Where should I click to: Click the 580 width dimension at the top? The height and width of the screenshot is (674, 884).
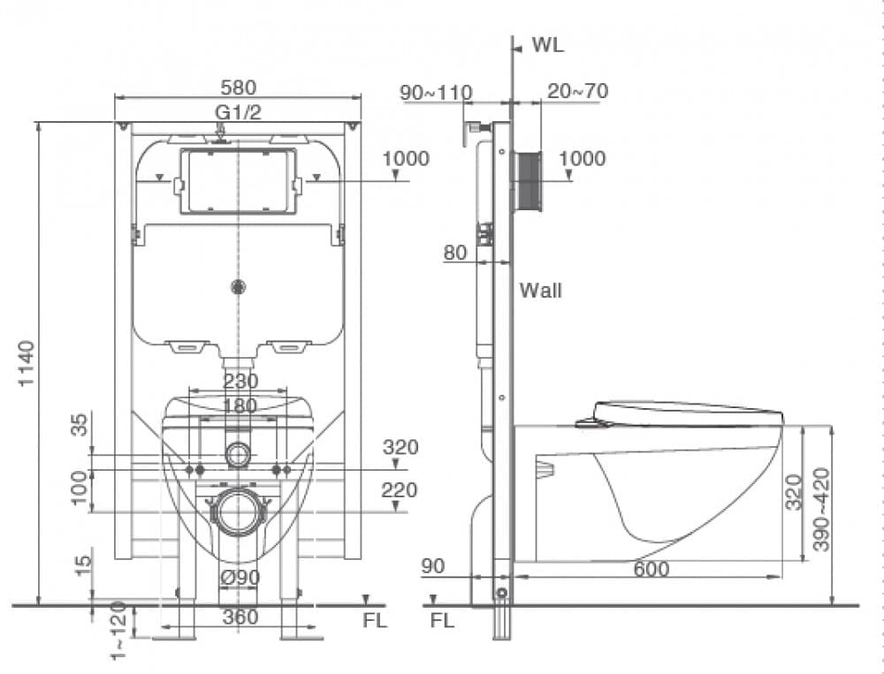click(239, 87)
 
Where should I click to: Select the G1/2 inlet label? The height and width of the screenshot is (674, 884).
click(238, 111)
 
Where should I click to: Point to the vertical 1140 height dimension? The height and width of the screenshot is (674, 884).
click(27, 362)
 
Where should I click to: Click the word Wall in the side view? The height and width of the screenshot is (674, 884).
click(540, 290)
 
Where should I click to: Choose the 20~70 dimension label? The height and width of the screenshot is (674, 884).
click(577, 91)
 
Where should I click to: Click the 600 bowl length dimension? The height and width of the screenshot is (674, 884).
click(651, 570)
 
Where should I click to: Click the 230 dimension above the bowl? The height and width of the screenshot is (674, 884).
click(240, 381)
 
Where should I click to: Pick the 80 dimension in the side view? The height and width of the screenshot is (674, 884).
click(455, 254)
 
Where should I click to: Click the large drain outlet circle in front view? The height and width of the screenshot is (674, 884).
click(238, 511)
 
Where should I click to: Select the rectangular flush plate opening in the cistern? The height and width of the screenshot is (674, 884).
click(238, 181)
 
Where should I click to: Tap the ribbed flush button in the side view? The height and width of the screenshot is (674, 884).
click(529, 181)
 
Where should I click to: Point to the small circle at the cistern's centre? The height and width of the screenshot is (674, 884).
click(237, 286)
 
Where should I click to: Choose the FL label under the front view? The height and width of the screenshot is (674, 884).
click(375, 620)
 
